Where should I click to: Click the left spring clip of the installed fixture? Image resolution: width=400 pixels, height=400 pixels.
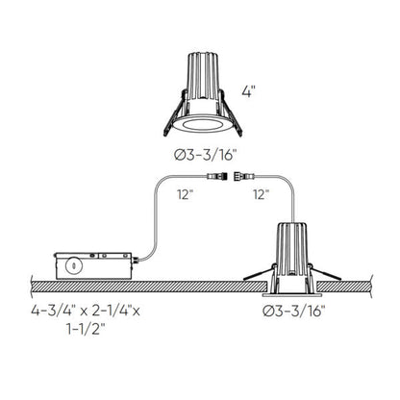254,275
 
